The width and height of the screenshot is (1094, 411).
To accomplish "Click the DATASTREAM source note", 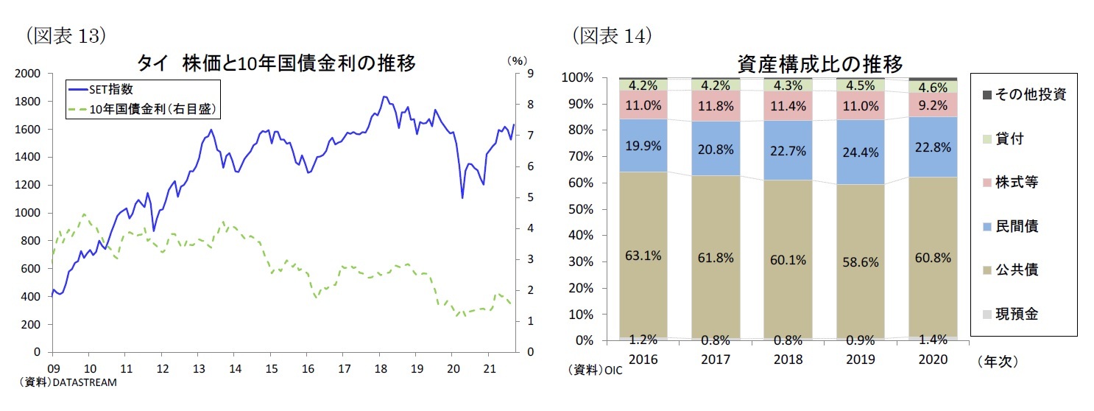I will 66,382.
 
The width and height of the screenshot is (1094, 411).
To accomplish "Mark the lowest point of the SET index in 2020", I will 462,197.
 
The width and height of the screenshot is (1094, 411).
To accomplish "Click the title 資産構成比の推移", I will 819,64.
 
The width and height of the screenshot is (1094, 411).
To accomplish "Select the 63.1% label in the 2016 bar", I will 643,256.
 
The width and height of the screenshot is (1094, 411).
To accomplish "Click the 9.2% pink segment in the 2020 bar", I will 934,105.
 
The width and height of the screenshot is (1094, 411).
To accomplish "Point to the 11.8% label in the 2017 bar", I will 716,105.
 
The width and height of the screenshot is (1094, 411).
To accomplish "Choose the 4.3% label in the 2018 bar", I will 788,84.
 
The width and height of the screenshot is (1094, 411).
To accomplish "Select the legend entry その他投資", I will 1029,94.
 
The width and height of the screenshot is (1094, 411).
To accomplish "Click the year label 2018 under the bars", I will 787,359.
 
